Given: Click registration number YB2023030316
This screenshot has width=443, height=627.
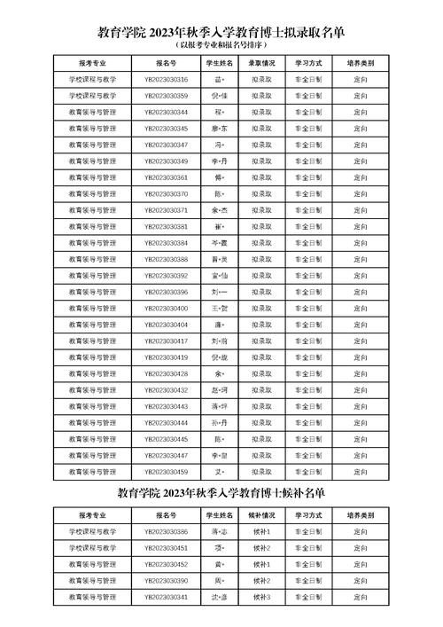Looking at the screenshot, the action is pyautogui.click(x=166, y=80).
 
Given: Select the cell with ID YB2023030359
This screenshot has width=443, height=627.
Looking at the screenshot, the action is pyautogui.click(x=166, y=96).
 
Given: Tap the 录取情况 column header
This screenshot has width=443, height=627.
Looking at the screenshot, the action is pyautogui.click(x=261, y=64).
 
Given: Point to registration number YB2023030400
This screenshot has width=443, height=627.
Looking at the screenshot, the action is pyautogui.click(x=166, y=308).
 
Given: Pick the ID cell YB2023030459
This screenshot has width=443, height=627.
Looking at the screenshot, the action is pyautogui.click(x=166, y=471).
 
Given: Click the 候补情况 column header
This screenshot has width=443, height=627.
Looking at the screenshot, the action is pyautogui.click(x=261, y=514).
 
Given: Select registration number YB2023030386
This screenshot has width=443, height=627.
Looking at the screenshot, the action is pyautogui.click(x=166, y=531).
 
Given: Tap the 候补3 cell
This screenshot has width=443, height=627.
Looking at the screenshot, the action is pyautogui.click(x=261, y=597).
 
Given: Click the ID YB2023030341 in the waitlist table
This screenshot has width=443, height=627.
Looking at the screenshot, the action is pyautogui.click(x=166, y=597).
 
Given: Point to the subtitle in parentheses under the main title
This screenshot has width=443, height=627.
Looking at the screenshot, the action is pyautogui.click(x=221, y=43).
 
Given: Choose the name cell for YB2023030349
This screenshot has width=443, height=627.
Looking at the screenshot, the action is pyautogui.click(x=219, y=161).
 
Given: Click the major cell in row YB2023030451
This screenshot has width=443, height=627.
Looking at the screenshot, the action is pyautogui.click(x=92, y=547).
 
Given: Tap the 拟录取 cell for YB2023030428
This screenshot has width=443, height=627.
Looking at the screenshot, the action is pyautogui.click(x=261, y=373).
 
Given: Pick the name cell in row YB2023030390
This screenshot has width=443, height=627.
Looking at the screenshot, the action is pyautogui.click(x=219, y=580).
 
